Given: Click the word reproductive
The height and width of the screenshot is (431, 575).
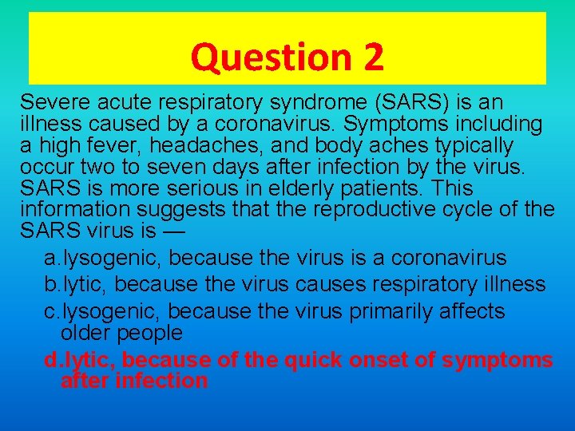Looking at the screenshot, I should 374,211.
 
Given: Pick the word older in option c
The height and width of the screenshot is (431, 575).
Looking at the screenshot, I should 88,331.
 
